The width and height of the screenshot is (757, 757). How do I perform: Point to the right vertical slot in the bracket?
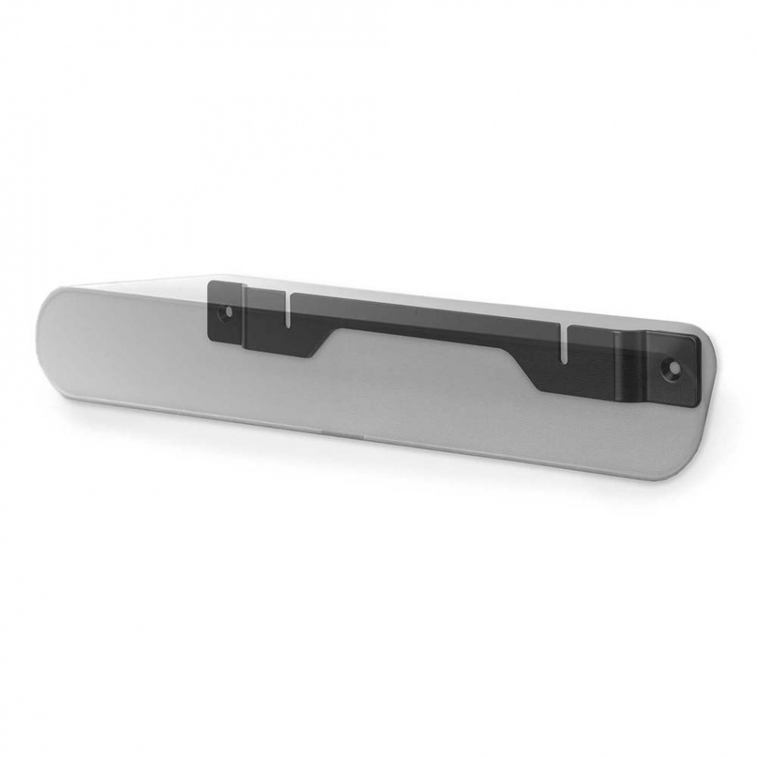[564, 343]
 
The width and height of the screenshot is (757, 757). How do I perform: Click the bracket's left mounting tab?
[226, 313]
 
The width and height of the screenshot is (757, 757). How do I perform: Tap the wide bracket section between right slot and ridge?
[590, 363]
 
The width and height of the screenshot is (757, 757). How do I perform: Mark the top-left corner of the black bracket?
[211, 284]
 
